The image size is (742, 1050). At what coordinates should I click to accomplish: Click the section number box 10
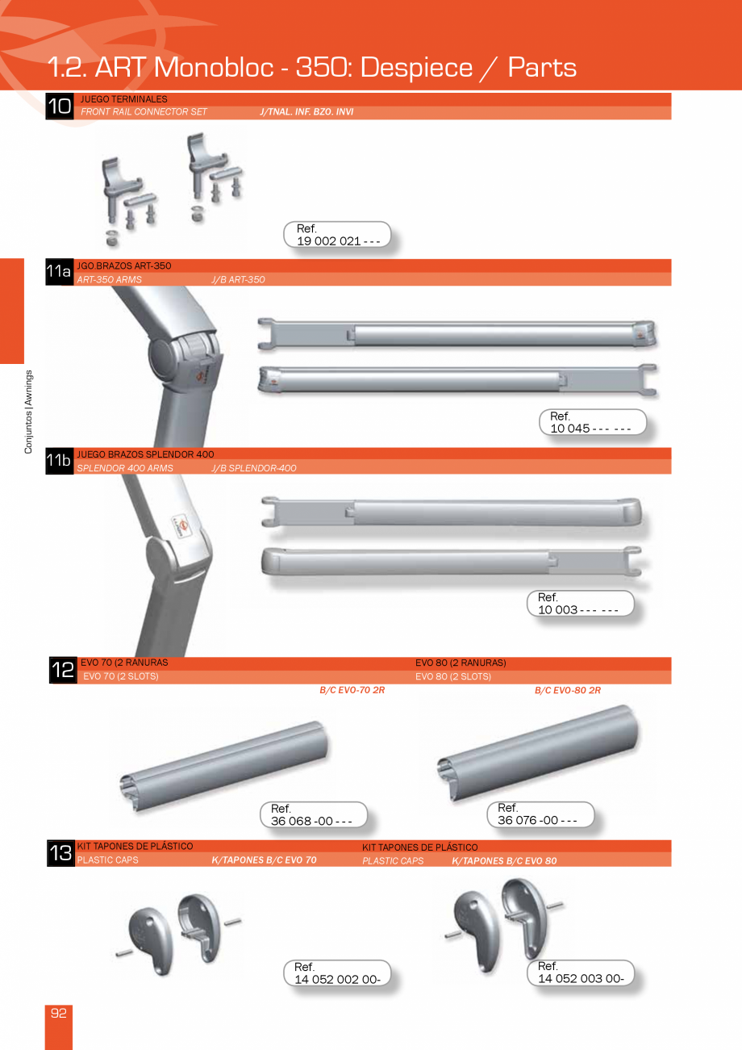[x=59, y=107]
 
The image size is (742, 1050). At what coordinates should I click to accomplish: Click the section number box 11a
[x=59, y=273]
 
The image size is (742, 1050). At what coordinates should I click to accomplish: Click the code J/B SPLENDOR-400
[x=254, y=468]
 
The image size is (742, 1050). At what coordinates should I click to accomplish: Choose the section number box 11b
[x=59, y=462]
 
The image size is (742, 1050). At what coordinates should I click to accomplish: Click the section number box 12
[x=62, y=671]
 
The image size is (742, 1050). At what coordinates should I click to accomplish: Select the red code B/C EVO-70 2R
[x=352, y=691]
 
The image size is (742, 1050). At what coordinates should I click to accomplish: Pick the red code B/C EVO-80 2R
[x=568, y=691]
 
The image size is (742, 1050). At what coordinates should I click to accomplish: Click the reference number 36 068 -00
[x=312, y=821]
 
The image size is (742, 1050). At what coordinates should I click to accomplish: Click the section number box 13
[x=60, y=854]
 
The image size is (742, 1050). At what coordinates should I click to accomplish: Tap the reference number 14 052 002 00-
[x=337, y=979]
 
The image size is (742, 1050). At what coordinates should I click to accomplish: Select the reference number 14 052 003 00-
[x=581, y=978]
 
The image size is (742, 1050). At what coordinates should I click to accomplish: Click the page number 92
[x=59, y=1014]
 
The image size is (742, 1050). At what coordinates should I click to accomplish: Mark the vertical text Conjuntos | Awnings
[x=28, y=412]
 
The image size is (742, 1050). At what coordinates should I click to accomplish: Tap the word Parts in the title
[x=542, y=67]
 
